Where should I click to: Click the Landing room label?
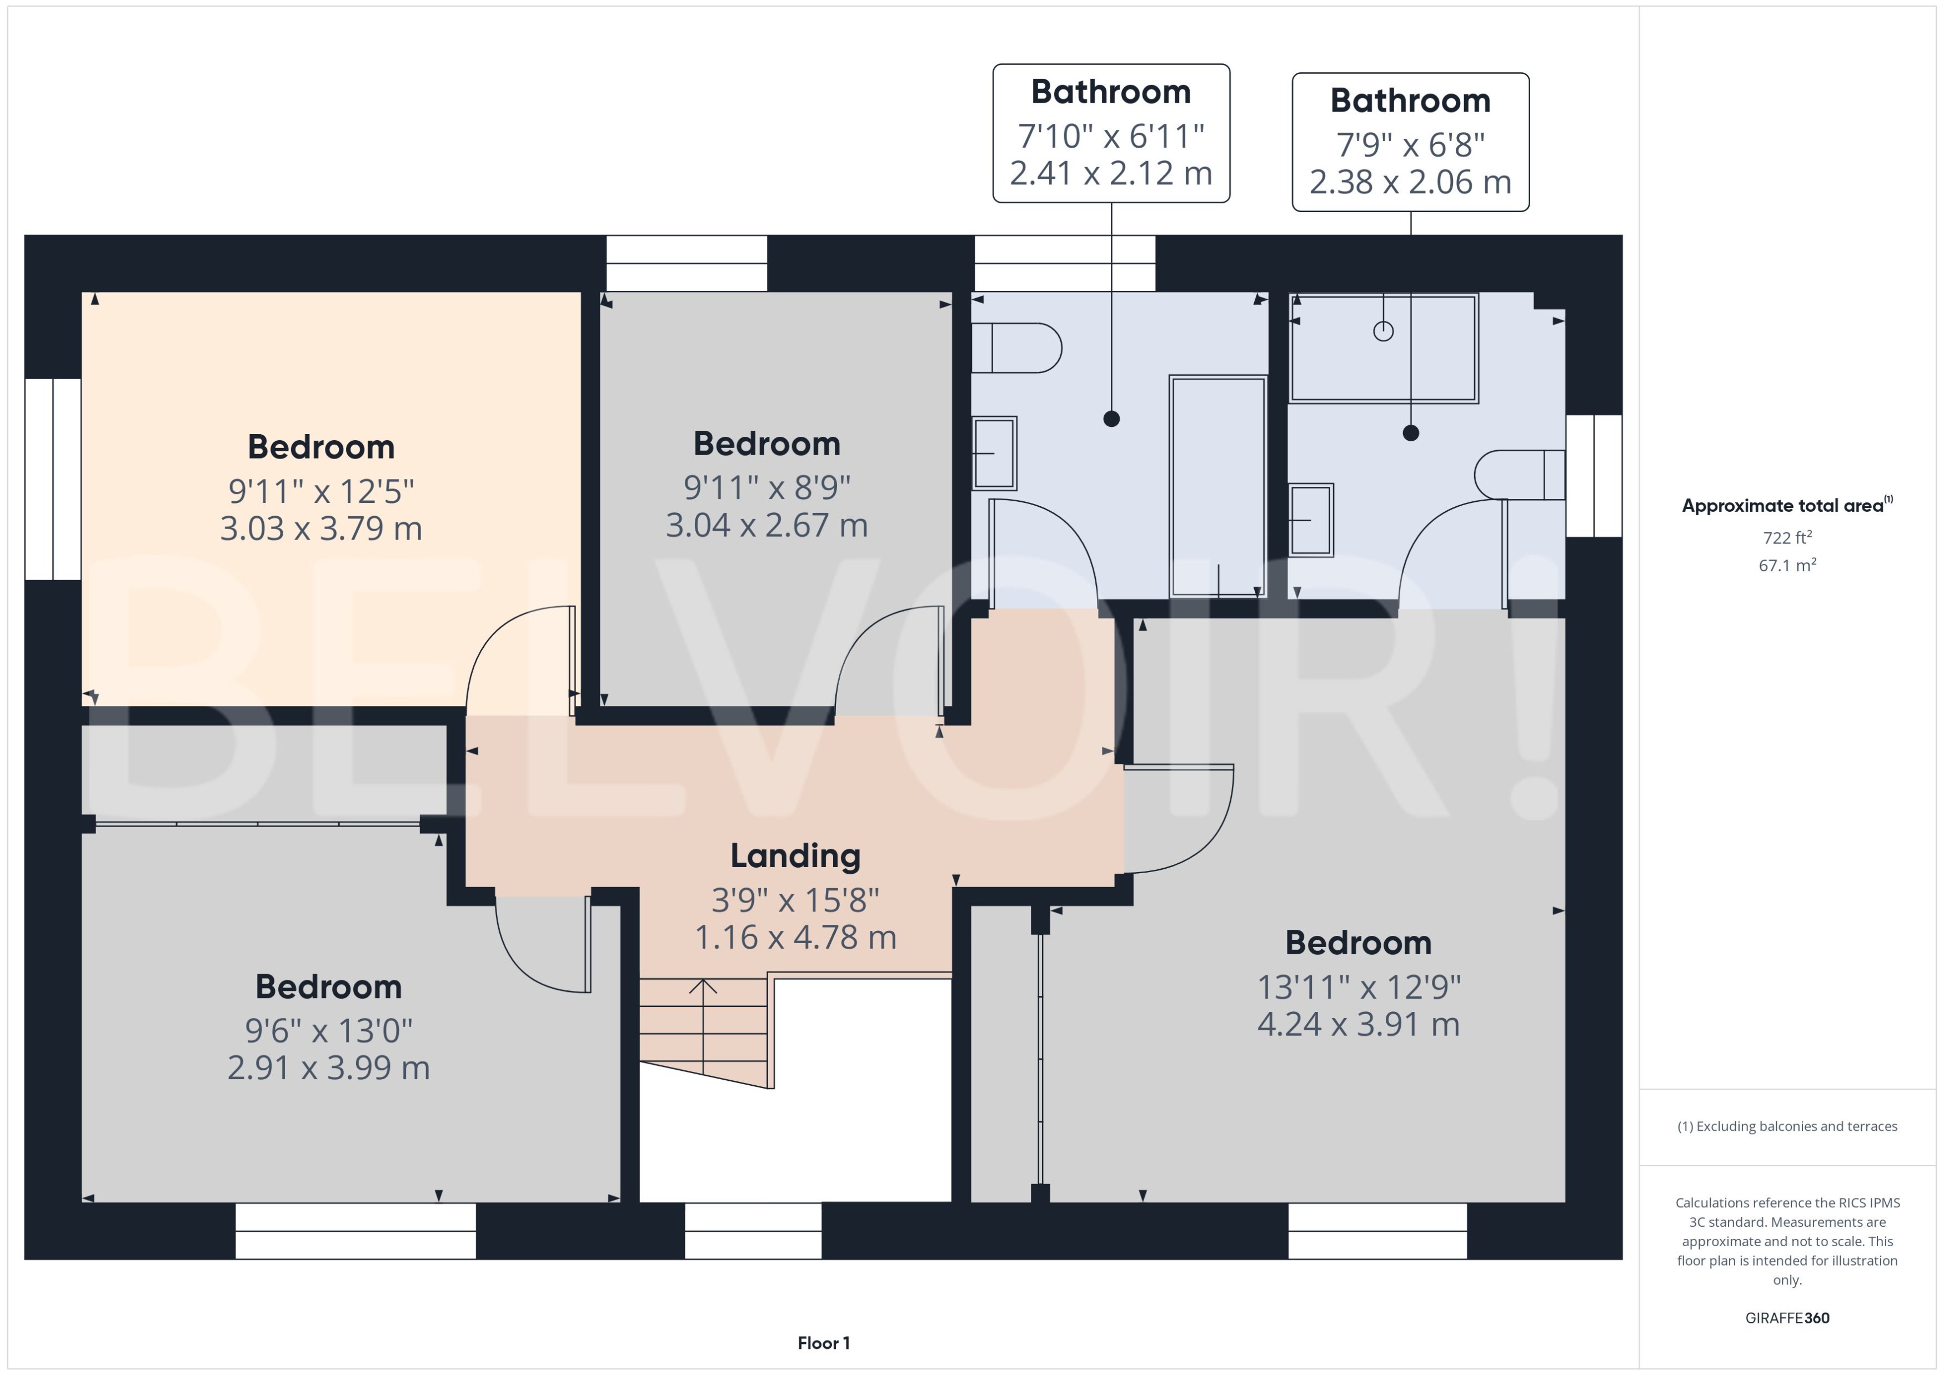795,856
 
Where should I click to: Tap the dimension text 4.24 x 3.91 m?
1358,1025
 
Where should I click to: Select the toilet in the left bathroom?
1016,348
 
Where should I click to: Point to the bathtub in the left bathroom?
1217,487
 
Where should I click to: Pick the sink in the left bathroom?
994,453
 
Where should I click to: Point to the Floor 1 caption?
823,1343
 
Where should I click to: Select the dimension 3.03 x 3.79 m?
321,529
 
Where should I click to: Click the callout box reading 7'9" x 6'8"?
1410,142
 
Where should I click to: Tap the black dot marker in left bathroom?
1111,418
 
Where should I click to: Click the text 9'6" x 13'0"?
329,1030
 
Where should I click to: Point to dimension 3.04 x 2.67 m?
766,526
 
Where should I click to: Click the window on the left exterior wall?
53,479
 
